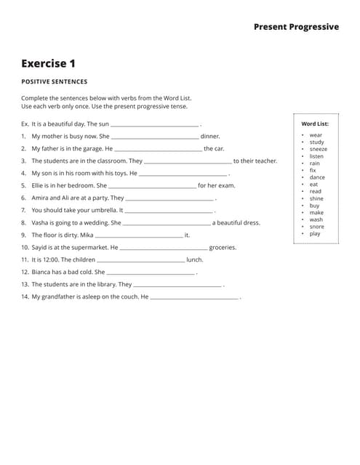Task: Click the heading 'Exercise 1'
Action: click(48, 64)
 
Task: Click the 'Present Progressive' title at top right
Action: click(296, 27)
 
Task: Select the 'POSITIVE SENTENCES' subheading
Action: click(54, 82)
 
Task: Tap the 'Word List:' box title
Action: click(315, 124)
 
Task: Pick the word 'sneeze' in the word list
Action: click(318, 149)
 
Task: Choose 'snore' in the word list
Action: click(316, 227)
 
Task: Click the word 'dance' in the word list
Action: click(317, 177)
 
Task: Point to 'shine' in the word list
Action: click(316, 198)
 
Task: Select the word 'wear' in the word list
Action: click(316, 135)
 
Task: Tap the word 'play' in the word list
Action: click(315, 234)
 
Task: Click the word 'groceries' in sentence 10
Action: click(223, 248)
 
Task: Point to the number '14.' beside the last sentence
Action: click(25, 297)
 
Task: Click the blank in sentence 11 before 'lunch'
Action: click(141, 260)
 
